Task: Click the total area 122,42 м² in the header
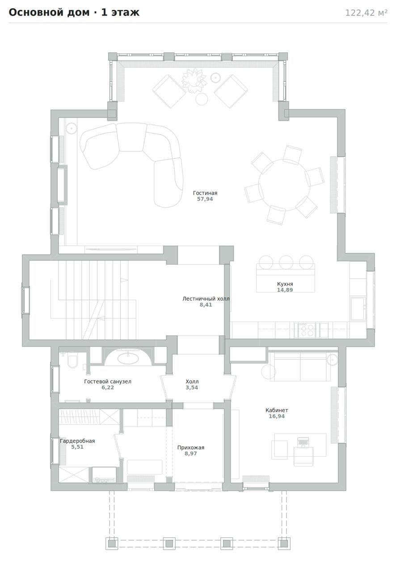(x=366, y=13)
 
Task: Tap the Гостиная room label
(x=205, y=193)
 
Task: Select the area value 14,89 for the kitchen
(x=285, y=290)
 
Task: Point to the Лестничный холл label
(x=206, y=298)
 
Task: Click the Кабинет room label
(x=277, y=410)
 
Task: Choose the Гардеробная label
(x=77, y=441)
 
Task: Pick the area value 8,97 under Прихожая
(x=190, y=454)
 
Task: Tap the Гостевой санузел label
(x=108, y=381)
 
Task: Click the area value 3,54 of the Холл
(x=192, y=388)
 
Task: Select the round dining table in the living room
(x=284, y=185)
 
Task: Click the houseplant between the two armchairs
(x=194, y=80)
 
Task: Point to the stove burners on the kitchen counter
(x=305, y=330)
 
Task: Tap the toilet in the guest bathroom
(x=72, y=360)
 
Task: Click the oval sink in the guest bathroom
(x=128, y=358)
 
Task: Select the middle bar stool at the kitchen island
(x=286, y=262)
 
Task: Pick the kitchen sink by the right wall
(x=358, y=309)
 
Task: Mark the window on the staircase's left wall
(x=25, y=300)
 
